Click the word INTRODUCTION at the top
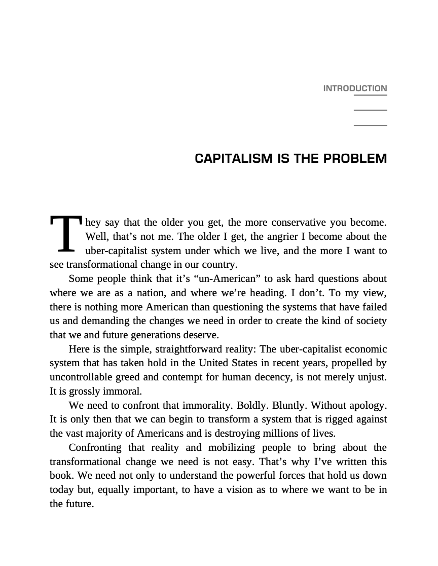(355, 89)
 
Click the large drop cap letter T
(65, 234)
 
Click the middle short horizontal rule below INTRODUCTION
(370, 110)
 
